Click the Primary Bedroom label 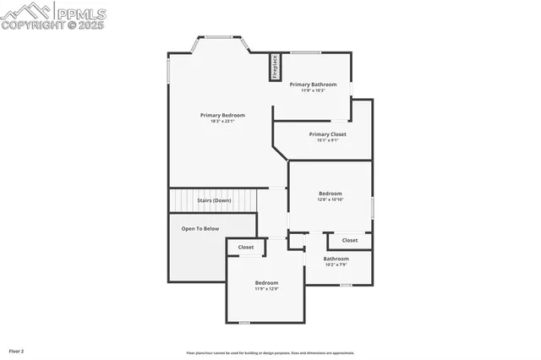pyautogui.click(x=222, y=115)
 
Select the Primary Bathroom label pyautogui.click(x=313, y=85)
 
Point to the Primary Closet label pyautogui.click(x=327, y=134)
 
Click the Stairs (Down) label pyautogui.click(x=214, y=200)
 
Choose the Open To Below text pyautogui.click(x=200, y=228)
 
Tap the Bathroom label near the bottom pyautogui.click(x=336, y=259)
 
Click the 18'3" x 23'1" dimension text pyautogui.click(x=222, y=121)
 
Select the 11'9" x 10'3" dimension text pyautogui.click(x=313, y=90)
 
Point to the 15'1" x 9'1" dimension pyautogui.click(x=327, y=140)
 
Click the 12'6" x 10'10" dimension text pyautogui.click(x=330, y=199)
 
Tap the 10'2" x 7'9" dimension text pyautogui.click(x=336, y=265)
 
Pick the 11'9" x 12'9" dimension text pyautogui.click(x=266, y=288)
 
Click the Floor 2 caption pyautogui.click(x=16, y=350)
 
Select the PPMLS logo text pyautogui.click(x=81, y=12)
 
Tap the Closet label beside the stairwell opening pyautogui.click(x=245, y=247)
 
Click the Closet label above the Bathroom pyautogui.click(x=349, y=240)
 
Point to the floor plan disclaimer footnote pyautogui.click(x=270, y=352)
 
